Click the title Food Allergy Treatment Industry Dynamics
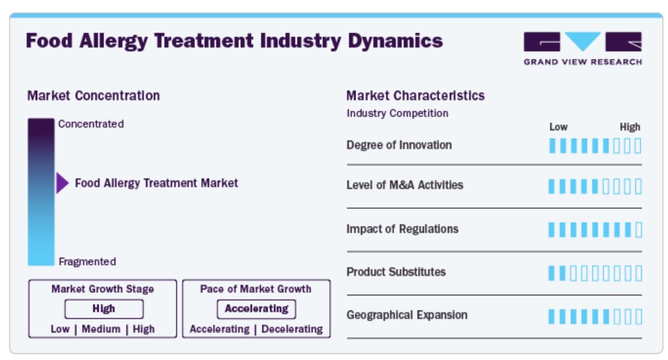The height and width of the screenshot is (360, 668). pos(234,41)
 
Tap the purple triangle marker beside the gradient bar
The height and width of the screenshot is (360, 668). pos(63,183)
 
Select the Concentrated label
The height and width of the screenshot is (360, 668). pos(90,124)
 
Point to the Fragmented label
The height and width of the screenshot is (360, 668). pos(87,262)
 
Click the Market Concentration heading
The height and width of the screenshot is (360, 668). pos(93,96)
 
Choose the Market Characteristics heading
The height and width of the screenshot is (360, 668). pos(415,96)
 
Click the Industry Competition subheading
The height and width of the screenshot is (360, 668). pos(397,113)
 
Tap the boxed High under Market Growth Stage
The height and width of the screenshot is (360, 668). pos(104,309)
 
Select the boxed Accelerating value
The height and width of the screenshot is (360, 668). pos(257,309)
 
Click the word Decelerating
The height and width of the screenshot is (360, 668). pos(292,329)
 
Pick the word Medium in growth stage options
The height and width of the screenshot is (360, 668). pos(101,329)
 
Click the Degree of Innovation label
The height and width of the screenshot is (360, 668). pos(399,145)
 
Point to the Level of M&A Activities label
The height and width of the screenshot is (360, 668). pos(405,185)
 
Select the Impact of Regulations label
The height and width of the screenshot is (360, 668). pos(402,229)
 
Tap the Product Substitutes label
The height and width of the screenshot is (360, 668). pos(397,272)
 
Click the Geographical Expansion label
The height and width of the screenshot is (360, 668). pos(407,315)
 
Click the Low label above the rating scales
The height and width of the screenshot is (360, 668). pos(559,127)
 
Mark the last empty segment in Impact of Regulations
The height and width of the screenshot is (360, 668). pos(638,230)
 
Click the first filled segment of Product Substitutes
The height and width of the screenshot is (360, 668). pos(551,273)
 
